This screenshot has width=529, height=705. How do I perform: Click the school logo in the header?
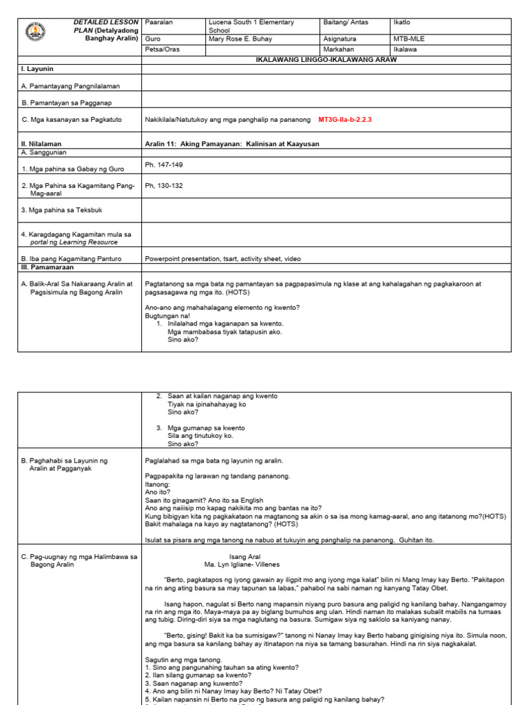(35, 32)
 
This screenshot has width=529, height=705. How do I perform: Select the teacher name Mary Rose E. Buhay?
(241, 40)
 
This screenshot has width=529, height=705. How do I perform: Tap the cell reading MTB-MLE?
(409, 40)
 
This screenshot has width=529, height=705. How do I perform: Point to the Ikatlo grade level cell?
(402, 23)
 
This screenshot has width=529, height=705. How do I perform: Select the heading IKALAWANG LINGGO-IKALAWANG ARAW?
(326, 60)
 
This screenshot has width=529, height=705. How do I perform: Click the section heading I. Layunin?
(38, 70)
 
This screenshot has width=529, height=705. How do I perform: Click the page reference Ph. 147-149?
(164, 165)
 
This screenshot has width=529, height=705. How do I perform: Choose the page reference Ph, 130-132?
(164, 186)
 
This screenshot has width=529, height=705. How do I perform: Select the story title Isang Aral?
(244, 556)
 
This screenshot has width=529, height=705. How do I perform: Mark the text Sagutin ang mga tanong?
(183, 660)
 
